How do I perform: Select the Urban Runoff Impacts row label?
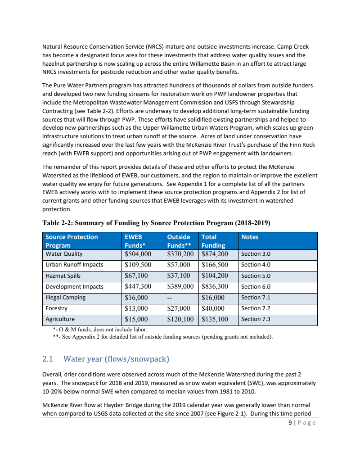(74, 265)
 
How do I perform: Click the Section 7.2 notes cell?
(256, 308)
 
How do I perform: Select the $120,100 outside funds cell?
(180, 320)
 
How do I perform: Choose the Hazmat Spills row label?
(63, 276)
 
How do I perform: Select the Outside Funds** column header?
(179, 241)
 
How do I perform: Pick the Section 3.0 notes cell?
(256, 254)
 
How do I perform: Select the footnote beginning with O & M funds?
(97, 330)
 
